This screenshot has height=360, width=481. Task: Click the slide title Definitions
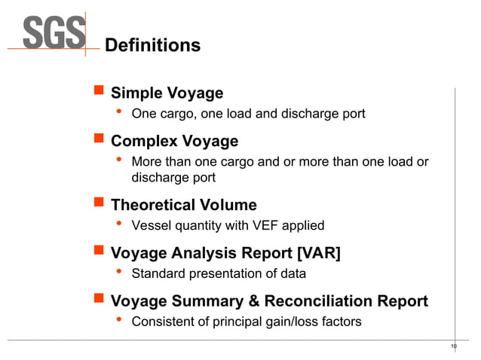152,46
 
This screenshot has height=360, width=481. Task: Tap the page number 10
453,346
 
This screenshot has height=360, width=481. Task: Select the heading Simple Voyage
167,93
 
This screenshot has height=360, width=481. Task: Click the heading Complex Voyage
174,141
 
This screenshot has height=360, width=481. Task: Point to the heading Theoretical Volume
183,205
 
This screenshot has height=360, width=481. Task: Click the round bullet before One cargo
118,113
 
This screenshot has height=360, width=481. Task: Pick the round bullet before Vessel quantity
118,224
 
